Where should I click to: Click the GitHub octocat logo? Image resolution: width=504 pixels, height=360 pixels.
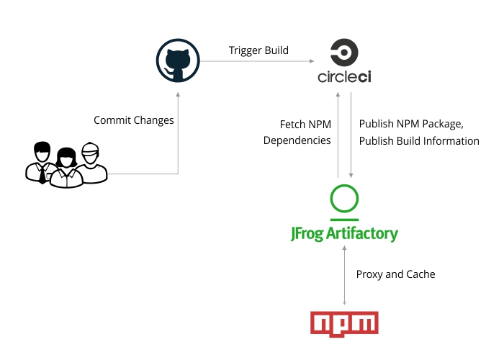pyautogui.click(x=178, y=62)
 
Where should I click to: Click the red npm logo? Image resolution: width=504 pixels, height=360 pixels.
pyautogui.click(x=344, y=323)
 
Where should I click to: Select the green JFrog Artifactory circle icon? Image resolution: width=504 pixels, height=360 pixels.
pyautogui.click(x=344, y=199)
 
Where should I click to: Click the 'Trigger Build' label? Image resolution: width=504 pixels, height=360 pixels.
pyautogui.click(x=258, y=50)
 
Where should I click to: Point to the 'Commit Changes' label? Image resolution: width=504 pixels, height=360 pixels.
pyautogui.click(x=134, y=120)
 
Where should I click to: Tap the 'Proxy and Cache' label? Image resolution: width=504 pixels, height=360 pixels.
pyautogui.click(x=395, y=274)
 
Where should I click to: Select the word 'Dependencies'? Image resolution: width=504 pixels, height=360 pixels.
pyautogui.click(x=297, y=140)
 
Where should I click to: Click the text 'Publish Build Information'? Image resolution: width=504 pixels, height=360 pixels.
pyautogui.click(x=419, y=140)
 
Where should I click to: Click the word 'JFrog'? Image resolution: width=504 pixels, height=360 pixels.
pyautogui.click(x=307, y=234)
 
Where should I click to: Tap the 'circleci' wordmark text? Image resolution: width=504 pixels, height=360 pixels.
pyautogui.click(x=344, y=77)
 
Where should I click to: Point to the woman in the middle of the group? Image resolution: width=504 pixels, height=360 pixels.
pyautogui.click(x=66, y=170)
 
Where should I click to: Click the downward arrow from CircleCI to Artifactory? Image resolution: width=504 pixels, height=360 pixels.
pyautogui.click(x=351, y=137)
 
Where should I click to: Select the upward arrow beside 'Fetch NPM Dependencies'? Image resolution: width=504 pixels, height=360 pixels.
pyautogui.click(x=338, y=137)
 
